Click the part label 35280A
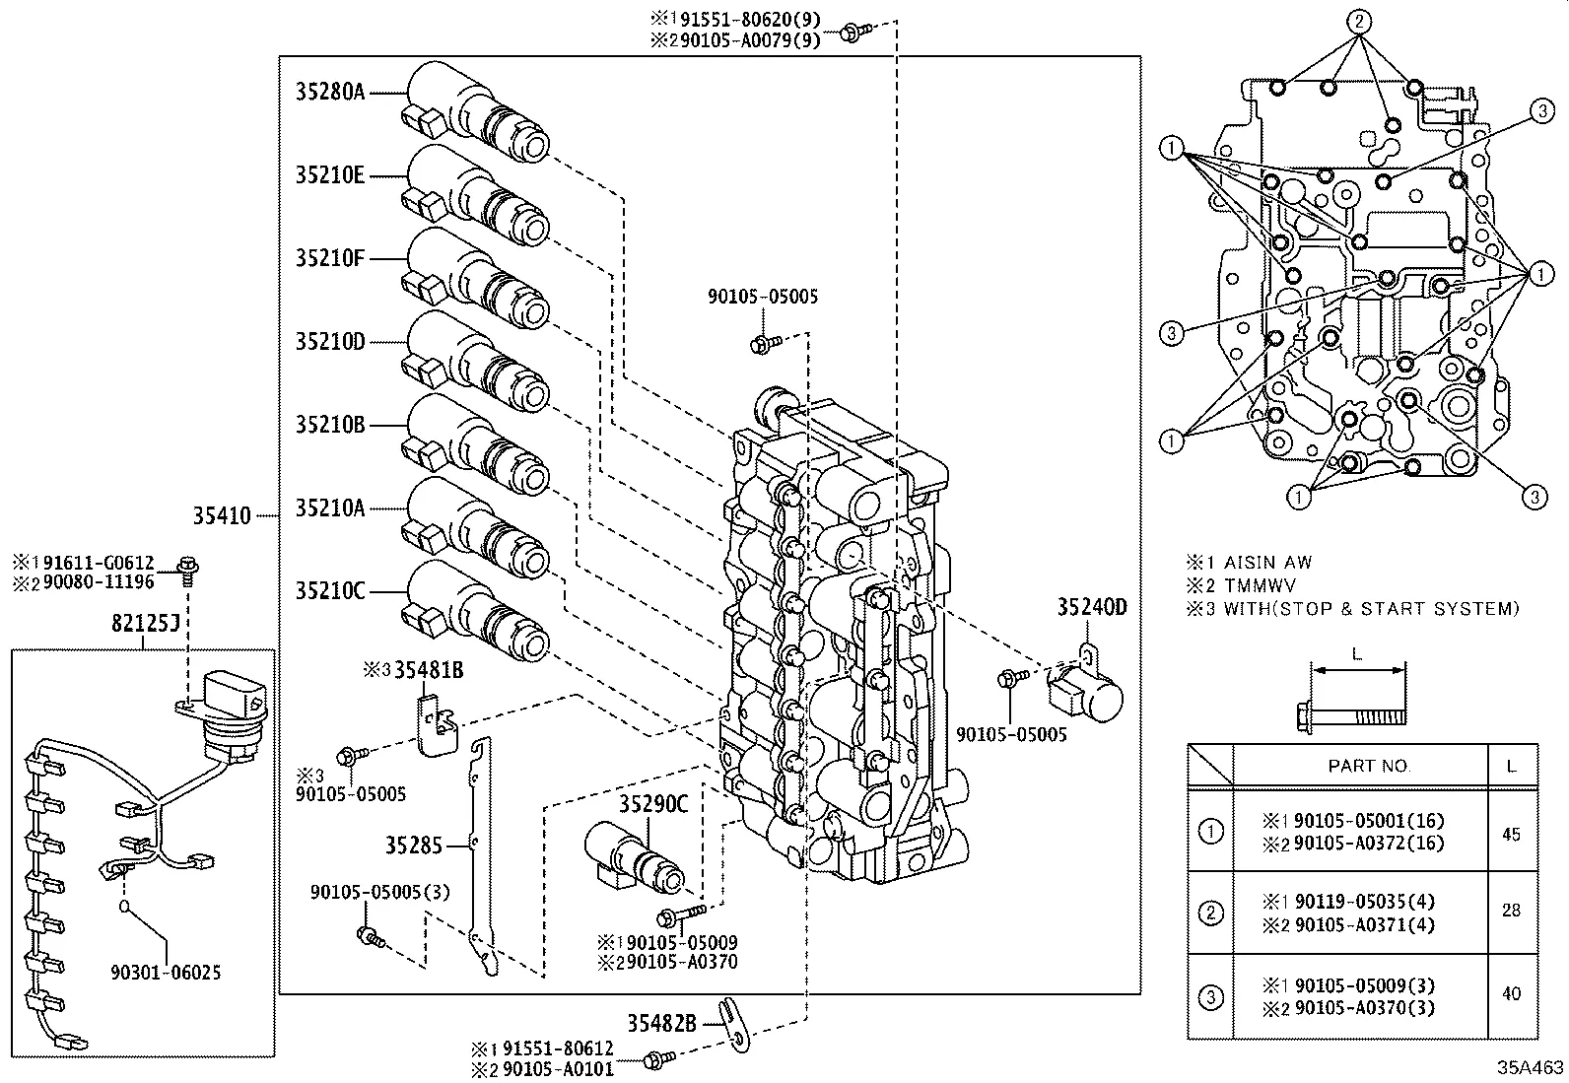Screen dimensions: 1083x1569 point(329,92)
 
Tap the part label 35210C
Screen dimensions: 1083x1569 point(329,591)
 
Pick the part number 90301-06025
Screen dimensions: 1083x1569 point(166,973)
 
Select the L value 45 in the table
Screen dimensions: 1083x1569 point(1511,834)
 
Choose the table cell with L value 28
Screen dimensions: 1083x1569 point(1511,911)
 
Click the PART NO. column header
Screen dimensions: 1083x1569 point(1369,766)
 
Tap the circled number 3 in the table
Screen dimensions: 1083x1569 point(1210,996)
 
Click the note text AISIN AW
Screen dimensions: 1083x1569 point(1267,563)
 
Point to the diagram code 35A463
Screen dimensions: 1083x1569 point(1531,1067)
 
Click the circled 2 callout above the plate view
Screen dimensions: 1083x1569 point(1358,22)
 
